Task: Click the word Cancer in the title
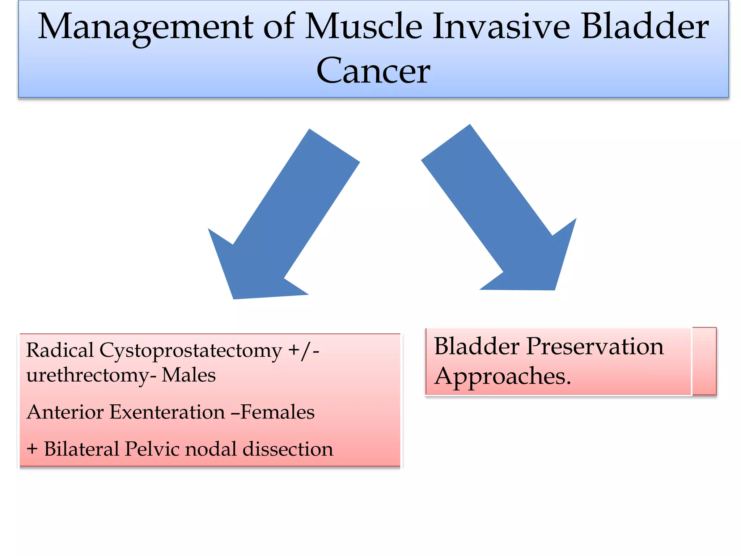(x=373, y=71)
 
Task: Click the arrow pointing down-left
(x=275, y=224)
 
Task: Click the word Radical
(x=60, y=350)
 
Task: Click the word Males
(x=189, y=375)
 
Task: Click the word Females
(x=277, y=412)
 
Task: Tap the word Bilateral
(x=82, y=449)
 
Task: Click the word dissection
(x=288, y=449)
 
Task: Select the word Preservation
(x=595, y=347)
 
